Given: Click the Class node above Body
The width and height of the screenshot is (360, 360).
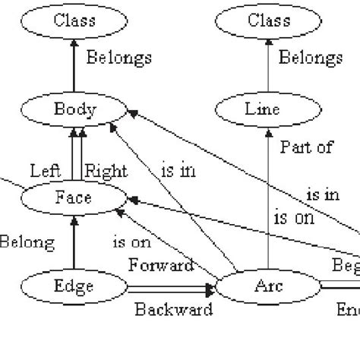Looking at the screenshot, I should pyautogui.click(x=74, y=21).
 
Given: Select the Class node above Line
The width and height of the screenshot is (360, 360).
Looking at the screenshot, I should pyautogui.click(x=267, y=21).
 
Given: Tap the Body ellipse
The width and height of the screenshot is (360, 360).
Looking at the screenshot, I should pyautogui.click(x=74, y=110).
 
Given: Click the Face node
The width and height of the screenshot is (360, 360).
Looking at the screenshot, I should pyautogui.click(x=73, y=199).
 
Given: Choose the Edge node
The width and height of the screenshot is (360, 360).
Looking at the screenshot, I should pyautogui.click(x=74, y=287).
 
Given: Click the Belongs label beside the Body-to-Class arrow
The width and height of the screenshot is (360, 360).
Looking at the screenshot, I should pyautogui.click(x=118, y=58).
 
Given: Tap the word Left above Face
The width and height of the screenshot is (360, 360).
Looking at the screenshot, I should pyautogui.click(x=45, y=171).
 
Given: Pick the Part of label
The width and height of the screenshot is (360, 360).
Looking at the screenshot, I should pyautogui.click(x=305, y=147).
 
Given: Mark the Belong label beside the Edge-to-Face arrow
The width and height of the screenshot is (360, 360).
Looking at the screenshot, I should pyautogui.click(x=27, y=242).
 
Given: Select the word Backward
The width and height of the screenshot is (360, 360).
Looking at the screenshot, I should pyautogui.click(x=173, y=309).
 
